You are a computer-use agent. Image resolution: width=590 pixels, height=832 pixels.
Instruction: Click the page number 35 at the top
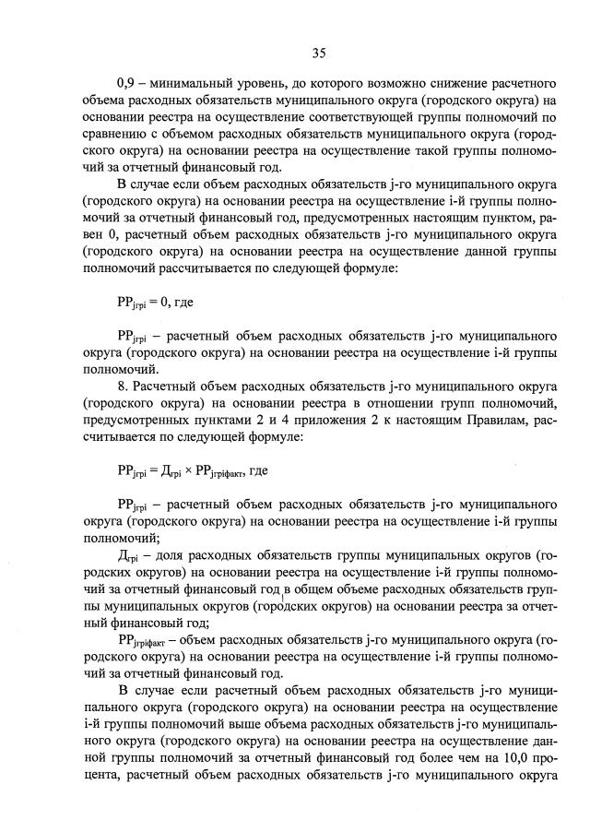319,53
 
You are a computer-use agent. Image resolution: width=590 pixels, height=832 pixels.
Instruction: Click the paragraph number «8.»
124,386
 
